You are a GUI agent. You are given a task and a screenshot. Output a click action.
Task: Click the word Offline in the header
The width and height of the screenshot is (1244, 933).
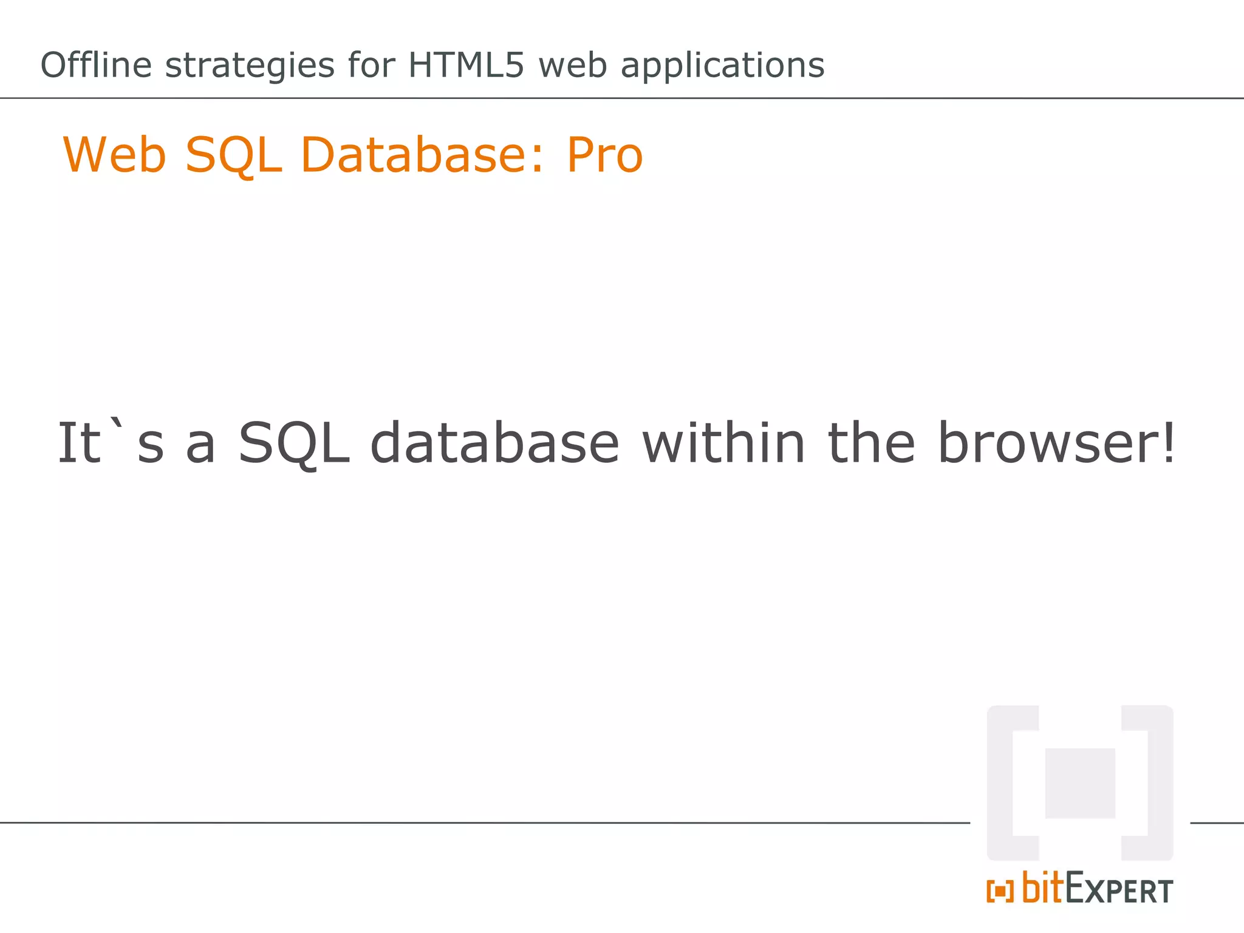tap(96, 65)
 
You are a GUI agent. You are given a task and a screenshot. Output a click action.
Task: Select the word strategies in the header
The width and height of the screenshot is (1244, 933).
tap(250, 66)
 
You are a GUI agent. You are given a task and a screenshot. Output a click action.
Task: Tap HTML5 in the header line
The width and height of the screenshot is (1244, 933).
tap(466, 65)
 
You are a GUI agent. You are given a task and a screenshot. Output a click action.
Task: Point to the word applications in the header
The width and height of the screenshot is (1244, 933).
tap(722, 66)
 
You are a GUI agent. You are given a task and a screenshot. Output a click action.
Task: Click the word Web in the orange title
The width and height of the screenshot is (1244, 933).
tap(115, 155)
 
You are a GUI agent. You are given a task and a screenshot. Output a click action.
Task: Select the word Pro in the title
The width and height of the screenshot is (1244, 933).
tap(604, 155)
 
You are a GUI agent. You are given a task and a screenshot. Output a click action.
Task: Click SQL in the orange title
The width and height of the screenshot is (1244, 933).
tap(234, 156)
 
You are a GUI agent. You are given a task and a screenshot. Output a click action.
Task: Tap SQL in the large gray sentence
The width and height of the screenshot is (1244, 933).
tap(294, 443)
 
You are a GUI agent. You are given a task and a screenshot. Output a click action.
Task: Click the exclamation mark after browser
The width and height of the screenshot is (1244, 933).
tap(1168, 442)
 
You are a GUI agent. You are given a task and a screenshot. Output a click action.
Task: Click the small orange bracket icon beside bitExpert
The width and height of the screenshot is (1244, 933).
tap(1000, 891)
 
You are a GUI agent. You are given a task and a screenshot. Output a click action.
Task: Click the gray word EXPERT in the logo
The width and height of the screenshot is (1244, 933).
tap(1119, 890)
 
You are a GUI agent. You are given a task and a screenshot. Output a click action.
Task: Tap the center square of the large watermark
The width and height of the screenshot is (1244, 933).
tap(1080, 783)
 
